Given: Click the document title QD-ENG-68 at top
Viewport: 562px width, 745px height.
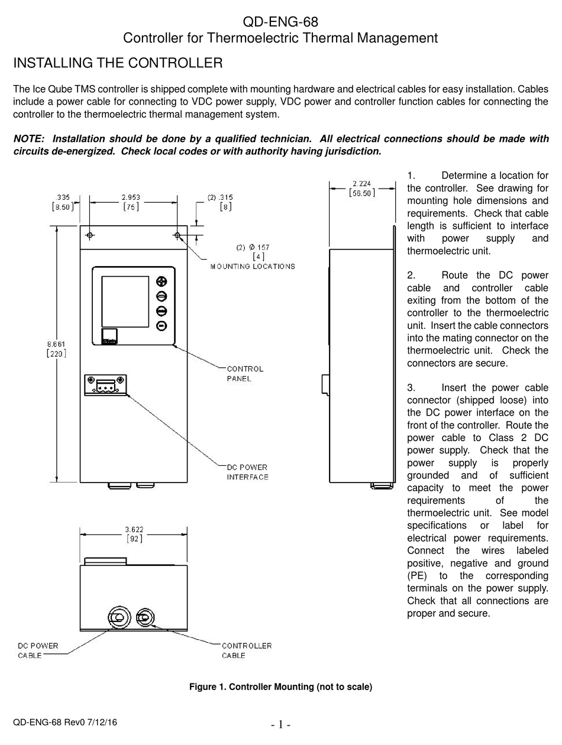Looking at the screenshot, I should pyautogui.click(x=280, y=22).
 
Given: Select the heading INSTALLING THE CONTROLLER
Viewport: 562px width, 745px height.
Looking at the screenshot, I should pyautogui.click(x=118, y=63).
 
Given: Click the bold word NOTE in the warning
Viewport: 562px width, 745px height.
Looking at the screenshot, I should pyautogui.click(x=28, y=139).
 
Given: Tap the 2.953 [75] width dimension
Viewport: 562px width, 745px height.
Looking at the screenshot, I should pyautogui.click(x=131, y=202).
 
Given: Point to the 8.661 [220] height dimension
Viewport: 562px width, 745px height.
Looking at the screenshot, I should pyautogui.click(x=56, y=349).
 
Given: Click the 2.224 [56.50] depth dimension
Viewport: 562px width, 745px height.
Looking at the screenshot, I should pyautogui.click(x=361, y=189).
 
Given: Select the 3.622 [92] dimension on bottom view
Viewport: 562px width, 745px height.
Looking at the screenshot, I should pyautogui.click(x=134, y=534).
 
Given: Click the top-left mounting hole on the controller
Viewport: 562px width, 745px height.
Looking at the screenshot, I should pyautogui.click(x=90, y=235).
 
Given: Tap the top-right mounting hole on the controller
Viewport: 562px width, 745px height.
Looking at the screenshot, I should pyautogui.click(x=177, y=235).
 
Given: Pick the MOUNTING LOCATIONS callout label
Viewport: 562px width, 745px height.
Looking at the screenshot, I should pyautogui.click(x=253, y=266).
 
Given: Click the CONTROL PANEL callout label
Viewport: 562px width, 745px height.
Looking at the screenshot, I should pyautogui.click(x=245, y=374).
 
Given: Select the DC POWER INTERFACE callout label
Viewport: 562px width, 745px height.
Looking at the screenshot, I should pyautogui.click(x=247, y=472).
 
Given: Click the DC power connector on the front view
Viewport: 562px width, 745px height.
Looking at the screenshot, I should pyautogui.click(x=105, y=386).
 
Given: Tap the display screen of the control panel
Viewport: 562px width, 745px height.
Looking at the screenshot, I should pyautogui.click(x=125, y=301).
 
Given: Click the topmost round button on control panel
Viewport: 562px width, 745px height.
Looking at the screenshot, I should pyautogui.click(x=162, y=281).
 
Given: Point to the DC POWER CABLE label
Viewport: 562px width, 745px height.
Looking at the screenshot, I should pyautogui.click(x=38, y=650).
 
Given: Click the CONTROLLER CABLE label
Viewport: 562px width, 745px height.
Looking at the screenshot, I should pyautogui.click(x=247, y=650).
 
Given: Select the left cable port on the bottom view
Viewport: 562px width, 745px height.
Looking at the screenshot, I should pyautogui.click(x=118, y=618).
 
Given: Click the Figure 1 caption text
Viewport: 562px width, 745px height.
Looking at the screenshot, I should pyautogui.click(x=280, y=686).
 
